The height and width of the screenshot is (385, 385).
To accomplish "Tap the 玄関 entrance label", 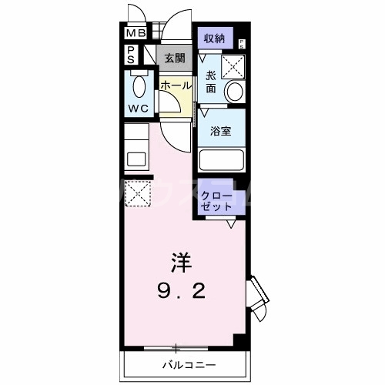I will click(x=175, y=58).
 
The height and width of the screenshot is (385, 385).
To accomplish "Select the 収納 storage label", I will click(x=214, y=39).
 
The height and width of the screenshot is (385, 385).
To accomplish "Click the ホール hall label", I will click(x=175, y=86).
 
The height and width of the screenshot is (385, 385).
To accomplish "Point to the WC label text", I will click(x=139, y=109).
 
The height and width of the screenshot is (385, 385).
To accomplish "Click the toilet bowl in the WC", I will click(x=139, y=86).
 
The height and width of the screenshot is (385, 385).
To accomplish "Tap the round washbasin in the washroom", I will click(x=233, y=92).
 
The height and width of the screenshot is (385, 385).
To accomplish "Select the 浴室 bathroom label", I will click(x=221, y=130).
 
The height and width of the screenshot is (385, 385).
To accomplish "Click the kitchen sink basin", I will click(x=136, y=160).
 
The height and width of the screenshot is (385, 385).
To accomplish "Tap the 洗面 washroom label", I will click(x=211, y=82).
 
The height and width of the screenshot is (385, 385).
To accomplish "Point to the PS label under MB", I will click(x=131, y=54).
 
